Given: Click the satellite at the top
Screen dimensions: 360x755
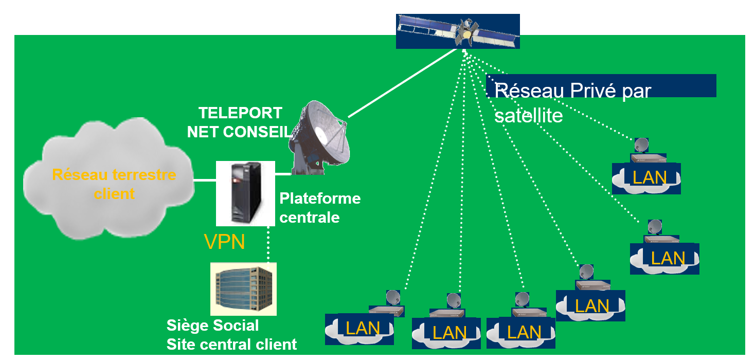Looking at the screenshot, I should (x=458, y=31).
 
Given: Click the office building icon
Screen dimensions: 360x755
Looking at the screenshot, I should (x=243, y=289).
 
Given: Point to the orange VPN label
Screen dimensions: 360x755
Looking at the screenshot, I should (x=224, y=242).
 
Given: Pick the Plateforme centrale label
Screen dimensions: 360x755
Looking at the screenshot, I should (x=319, y=207).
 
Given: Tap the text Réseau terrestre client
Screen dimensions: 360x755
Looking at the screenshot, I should (x=114, y=184).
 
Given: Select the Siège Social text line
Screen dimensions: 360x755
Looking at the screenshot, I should (x=213, y=325).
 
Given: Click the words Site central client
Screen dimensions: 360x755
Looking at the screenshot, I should (x=231, y=344).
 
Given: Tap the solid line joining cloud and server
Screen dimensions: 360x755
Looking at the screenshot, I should (x=204, y=180).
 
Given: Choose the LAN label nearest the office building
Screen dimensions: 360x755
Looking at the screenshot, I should (x=363, y=328).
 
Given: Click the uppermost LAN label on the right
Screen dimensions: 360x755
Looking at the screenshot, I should (x=649, y=177).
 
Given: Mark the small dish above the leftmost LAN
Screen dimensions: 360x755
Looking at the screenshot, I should (x=393, y=297).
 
